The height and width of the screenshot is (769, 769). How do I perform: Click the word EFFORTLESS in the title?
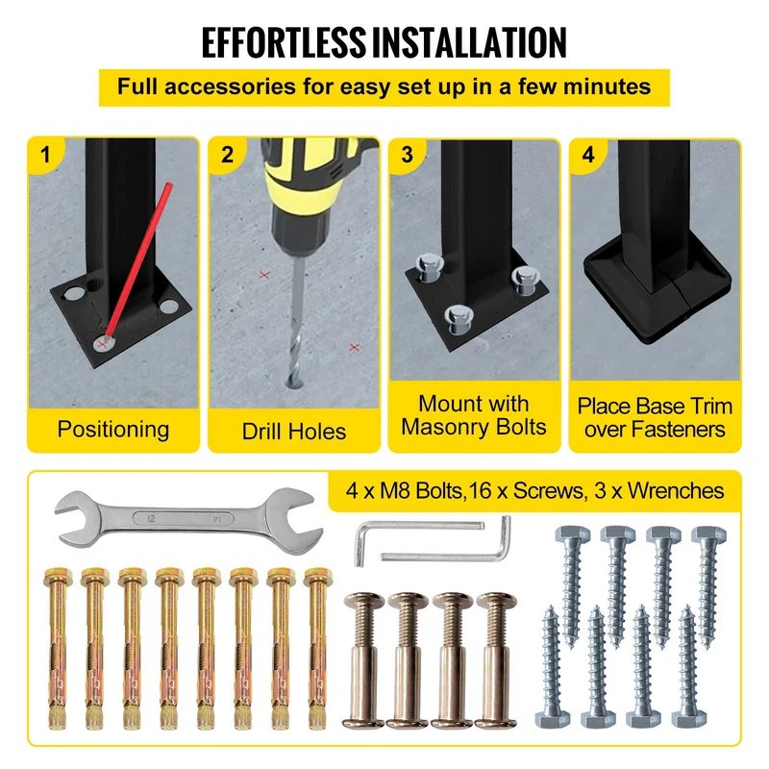284,42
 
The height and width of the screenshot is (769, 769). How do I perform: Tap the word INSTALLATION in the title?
469,42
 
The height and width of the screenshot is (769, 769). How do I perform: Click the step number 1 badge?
45,155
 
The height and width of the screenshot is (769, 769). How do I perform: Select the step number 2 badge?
227,155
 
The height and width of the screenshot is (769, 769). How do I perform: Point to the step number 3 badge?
407,155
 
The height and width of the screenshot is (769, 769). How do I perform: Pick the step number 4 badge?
588,155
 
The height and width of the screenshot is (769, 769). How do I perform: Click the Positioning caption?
113,429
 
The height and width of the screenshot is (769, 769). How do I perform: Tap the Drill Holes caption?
294,432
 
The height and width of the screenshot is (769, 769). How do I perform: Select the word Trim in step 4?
711,406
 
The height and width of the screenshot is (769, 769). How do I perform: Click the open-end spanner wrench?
188,519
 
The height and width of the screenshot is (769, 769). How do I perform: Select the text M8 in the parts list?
395,490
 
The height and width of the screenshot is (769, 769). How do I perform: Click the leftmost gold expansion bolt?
58,648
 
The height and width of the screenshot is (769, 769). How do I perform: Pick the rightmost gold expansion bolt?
317,648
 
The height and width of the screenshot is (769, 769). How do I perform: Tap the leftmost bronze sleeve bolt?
363,660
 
